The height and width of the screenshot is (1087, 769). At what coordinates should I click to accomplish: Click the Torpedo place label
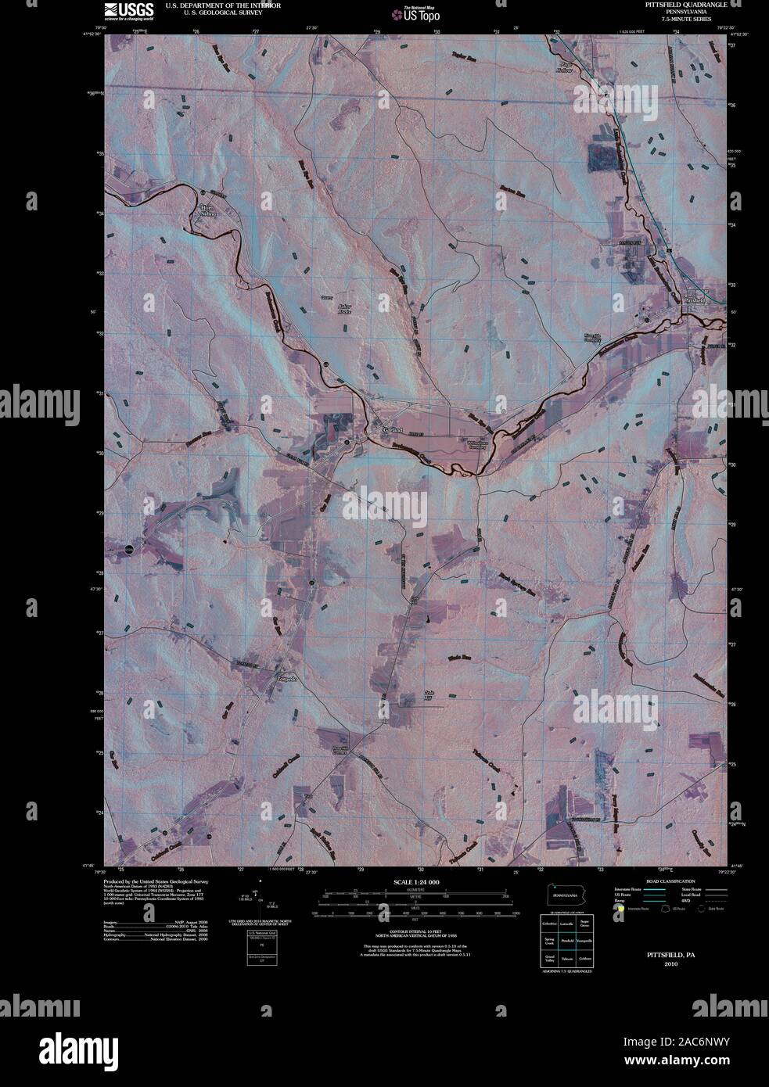[x=288, y=679]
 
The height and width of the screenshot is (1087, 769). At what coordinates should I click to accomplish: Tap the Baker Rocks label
[x=345, y=308]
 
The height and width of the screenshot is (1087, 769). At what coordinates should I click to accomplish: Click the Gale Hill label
[x=428, y=695]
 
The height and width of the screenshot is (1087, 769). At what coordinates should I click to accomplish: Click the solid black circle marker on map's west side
[x=130, y=550]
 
